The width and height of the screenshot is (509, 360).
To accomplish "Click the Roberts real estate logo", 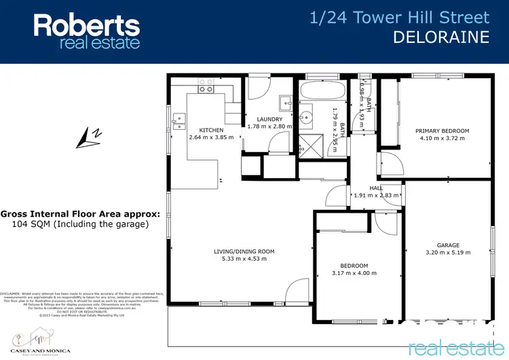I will click(87, 32).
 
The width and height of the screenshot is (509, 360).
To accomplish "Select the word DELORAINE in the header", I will click(441, 37).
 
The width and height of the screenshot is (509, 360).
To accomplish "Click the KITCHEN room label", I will click(211, 130).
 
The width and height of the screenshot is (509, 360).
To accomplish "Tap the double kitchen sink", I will click(179, 120).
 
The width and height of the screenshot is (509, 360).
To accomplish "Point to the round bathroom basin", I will click(314, 115).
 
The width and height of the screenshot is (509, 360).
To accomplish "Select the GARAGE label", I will click(448, 245).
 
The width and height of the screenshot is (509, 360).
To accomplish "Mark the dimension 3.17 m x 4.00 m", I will click(354, 273).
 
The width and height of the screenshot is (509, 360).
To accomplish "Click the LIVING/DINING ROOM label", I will click(242, 251).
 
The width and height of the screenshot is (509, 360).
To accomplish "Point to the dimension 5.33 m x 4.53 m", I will click(242, 259).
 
